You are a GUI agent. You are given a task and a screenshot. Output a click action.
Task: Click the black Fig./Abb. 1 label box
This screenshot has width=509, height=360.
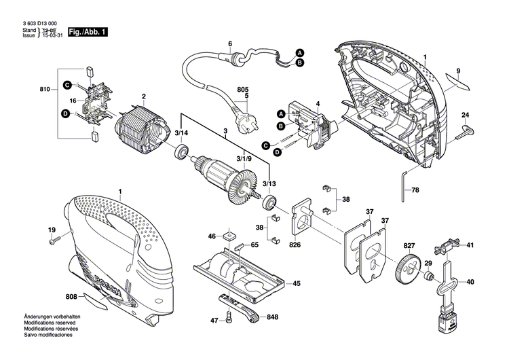[88, 31]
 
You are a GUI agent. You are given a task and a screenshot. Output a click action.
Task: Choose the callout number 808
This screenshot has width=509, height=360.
[71, 296]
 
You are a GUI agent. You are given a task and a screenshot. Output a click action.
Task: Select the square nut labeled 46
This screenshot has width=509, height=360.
[229, 236]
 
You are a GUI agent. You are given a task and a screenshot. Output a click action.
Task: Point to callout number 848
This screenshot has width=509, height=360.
[273, 317]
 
